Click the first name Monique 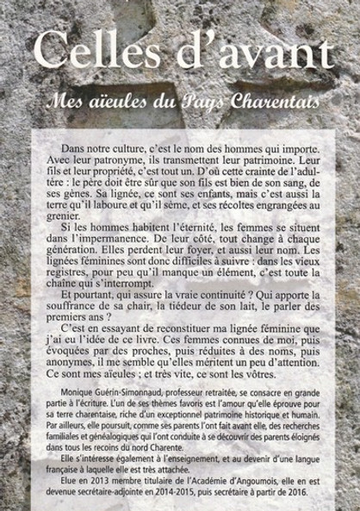[x=78, y=414]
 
